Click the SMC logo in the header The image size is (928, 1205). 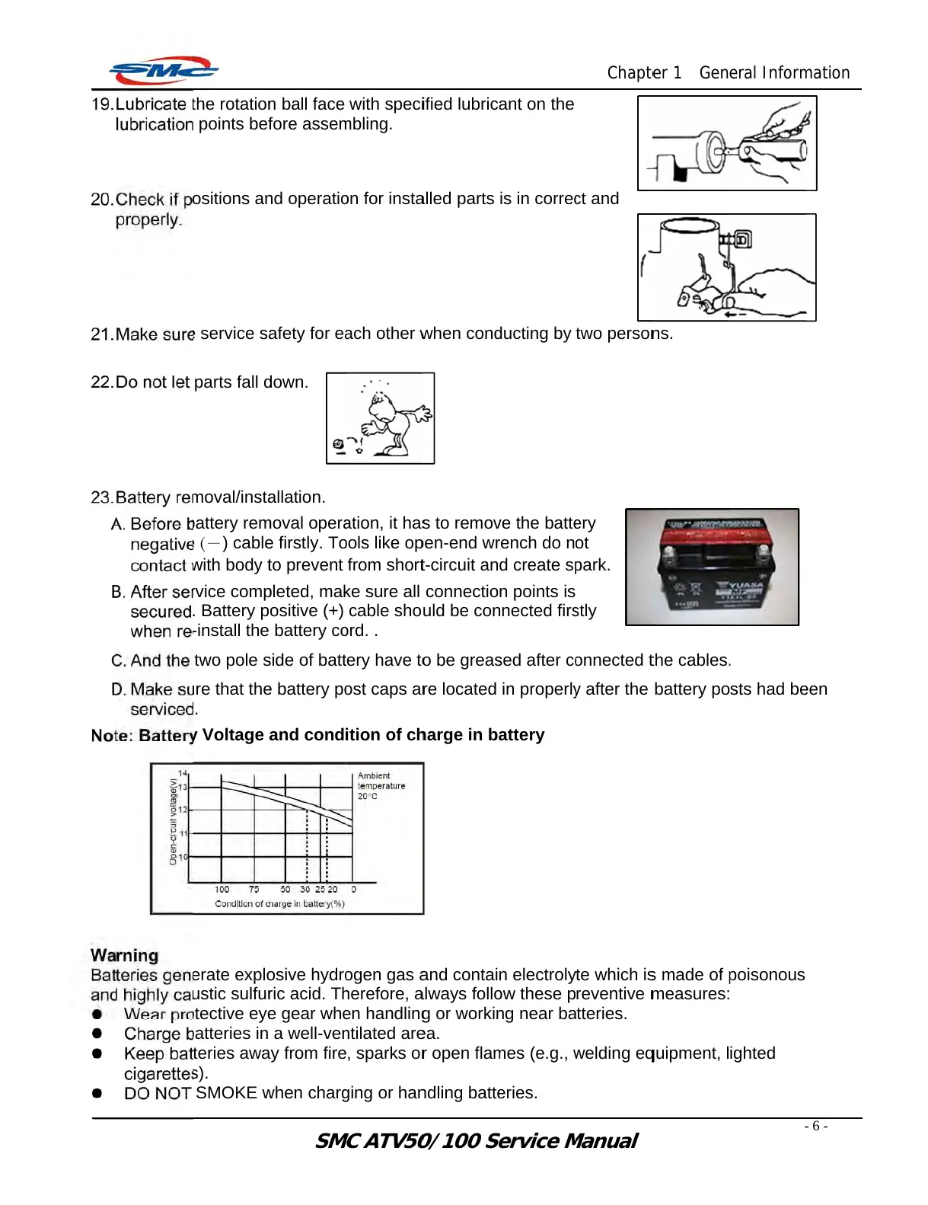[x=164, y=71]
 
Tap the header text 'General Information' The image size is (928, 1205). [x=774, y=73]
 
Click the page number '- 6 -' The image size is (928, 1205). [x=815, y=1127]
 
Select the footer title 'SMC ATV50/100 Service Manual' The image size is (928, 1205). [x=476, y=1141]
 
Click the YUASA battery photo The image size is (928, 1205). [x=712, y=567]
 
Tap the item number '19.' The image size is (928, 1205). [x=102, y=104]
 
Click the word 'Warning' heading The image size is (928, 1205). [x=125, y=956]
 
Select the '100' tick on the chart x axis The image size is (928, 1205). [x=222, y=890]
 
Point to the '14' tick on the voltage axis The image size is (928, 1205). [x=183, y=773]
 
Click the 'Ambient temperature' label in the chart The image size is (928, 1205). [x=381, y=781]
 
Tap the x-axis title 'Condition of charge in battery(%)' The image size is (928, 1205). [x=279, y=904]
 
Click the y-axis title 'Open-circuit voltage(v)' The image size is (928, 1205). [x=174, y=821]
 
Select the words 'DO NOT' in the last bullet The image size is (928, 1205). [x=158, y=1093]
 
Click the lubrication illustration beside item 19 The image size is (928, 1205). [x=727, y=143]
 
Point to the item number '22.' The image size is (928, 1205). [x=102, y=382]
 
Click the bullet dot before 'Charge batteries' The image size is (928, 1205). [x=97, y=1034]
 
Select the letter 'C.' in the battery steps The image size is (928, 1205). [x=119, y=661]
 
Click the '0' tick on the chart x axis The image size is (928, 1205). [x=354, y=890]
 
